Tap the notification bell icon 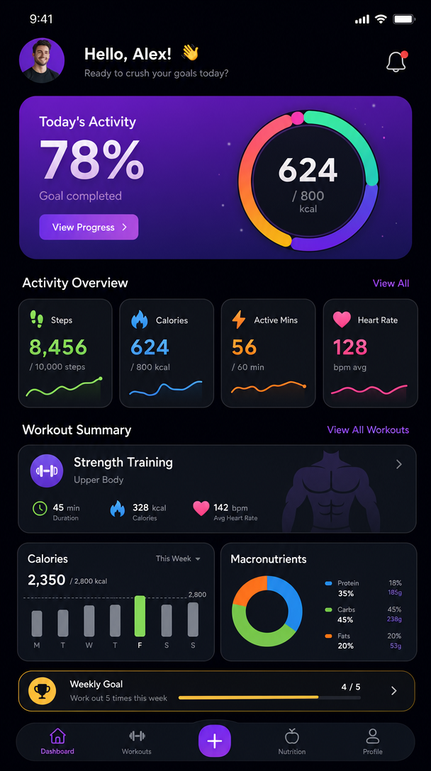tap(396, 62)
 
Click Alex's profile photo tap(42, 61)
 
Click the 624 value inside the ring tap(308, 171)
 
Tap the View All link tap(391, 283)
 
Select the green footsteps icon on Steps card tap(37, 320)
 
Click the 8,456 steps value tap(58, 347)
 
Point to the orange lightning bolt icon tap(239, 320)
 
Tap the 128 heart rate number tap(350, 347)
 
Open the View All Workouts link tap(368, 430)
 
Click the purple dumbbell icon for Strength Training tap(47, 471)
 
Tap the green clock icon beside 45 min tap(40, 508)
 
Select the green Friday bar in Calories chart tap(140, 616)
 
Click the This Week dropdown tap(178, 558)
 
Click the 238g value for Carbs tap(394, 619)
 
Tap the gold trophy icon tap(42, 691)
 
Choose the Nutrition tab tap(291, 741)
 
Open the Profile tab tap(372, 741)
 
